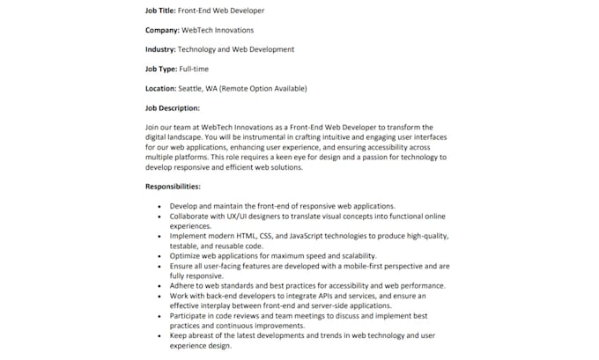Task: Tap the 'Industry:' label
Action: (x=160, y=49)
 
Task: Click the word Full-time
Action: (x=196, y=69)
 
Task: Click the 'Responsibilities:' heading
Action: (x=173, y=187)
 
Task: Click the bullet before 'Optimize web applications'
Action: (x=159, y=255)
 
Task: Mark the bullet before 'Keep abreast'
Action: (x=159, y=335)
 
